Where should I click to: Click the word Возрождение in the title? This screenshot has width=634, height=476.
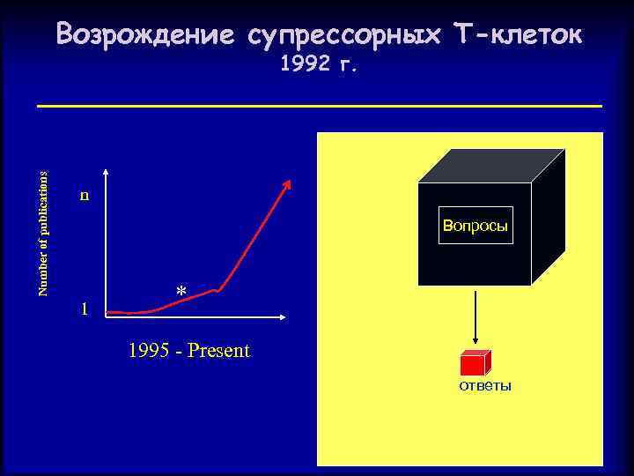(x=145, y=35)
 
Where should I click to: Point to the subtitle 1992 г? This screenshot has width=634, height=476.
(x=318, y=64)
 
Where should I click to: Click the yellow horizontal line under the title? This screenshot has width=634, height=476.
(x=319, y=107)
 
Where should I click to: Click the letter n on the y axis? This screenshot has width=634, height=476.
(x=84, y=195)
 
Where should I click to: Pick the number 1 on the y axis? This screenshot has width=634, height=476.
(x=84, y=309)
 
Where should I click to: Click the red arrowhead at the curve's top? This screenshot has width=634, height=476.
(x=288, y=183)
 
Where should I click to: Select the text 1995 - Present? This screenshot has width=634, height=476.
(x=188, y=351)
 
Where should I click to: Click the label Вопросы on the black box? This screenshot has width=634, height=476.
(x=475, y=226)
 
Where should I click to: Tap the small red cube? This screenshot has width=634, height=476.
(x=474, y=363)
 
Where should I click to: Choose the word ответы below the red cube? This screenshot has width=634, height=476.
(x=485, y=387)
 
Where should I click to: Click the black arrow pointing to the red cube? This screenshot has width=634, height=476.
(x=475, y=317)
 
